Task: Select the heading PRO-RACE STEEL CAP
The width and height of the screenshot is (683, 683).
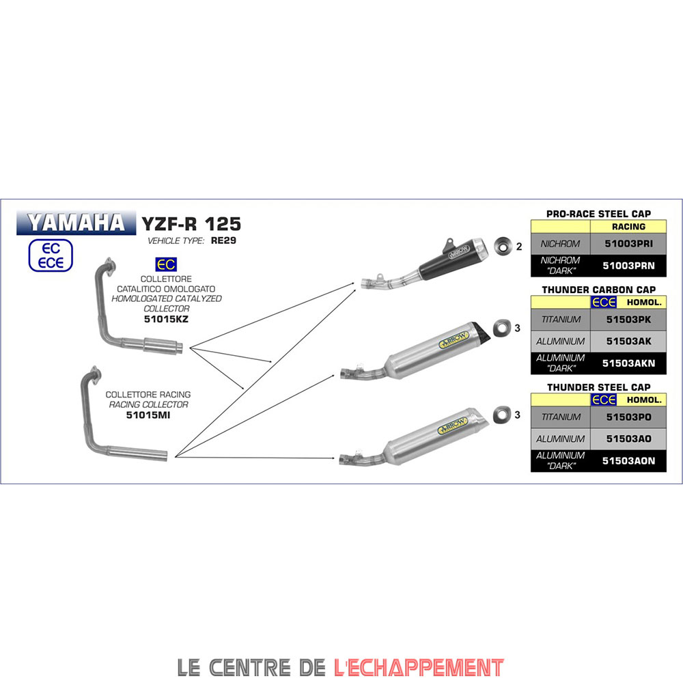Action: tap(598, 214)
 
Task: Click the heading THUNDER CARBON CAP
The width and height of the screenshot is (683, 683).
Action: tap(598, 290)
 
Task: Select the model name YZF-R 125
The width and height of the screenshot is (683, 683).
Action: tap(191, 224)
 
